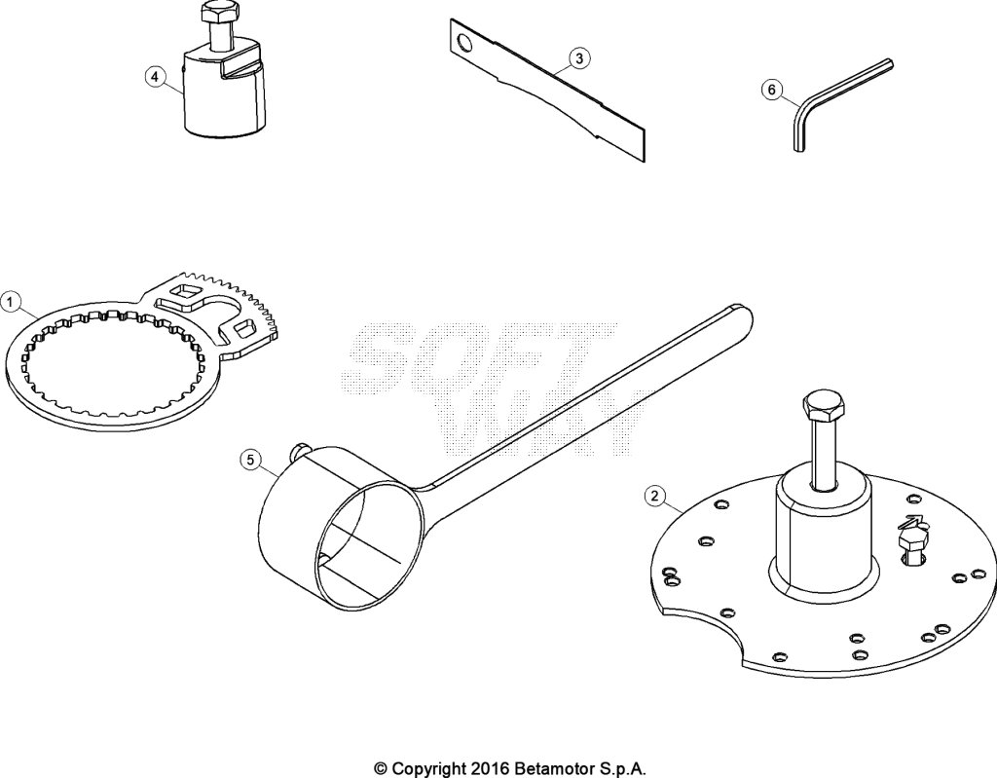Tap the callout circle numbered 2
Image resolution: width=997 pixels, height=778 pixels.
click(x=655, y=495)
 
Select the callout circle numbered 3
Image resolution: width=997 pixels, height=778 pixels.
click(x=578, y=58)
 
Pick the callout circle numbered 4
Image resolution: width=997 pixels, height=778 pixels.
click(x=154, y=78)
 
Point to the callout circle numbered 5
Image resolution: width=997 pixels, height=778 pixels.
click(x=250, y=460)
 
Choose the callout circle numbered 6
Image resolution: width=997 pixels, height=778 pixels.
click(x=772, y=90)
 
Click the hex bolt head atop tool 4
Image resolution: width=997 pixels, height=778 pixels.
click(x=219, y=12)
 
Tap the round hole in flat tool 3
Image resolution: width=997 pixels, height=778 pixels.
click(x=465, y=43)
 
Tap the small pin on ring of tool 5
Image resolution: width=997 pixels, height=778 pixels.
click(x=298, y=451)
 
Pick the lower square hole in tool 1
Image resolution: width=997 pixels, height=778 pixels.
click(x=243, y=328)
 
